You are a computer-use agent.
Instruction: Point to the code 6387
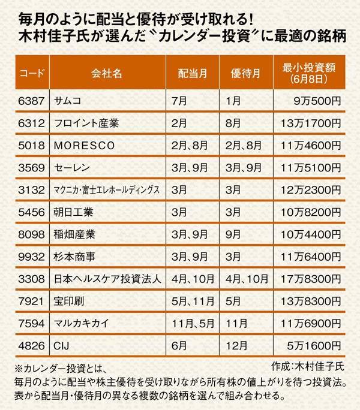point(30,100)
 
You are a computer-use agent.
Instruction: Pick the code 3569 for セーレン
point(30,167)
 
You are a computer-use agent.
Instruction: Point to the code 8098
point(30,234)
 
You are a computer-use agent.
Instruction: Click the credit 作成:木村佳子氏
point(305,365)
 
